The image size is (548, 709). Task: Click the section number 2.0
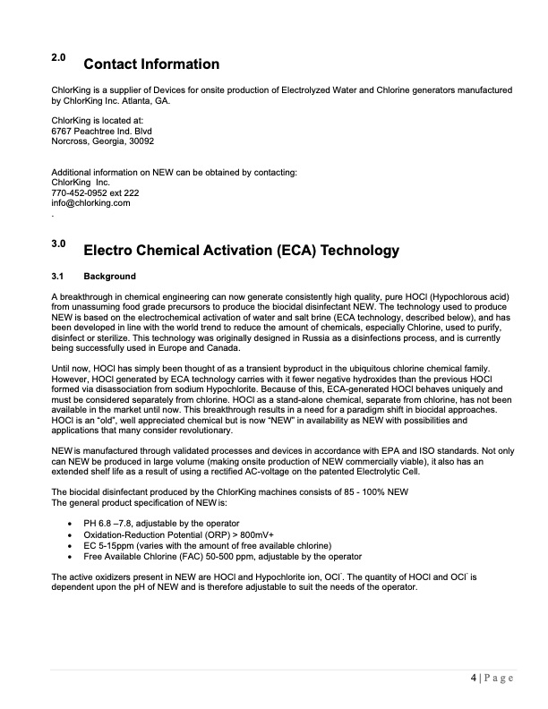(59, 58)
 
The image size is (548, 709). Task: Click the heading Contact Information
(150, 64)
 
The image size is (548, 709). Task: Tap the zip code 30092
(139, 141)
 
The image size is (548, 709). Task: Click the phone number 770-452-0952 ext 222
(95, 192)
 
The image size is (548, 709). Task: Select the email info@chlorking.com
(91, 203)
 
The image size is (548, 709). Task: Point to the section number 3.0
(59, 242)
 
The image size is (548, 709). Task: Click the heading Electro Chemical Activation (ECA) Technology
(240, 249)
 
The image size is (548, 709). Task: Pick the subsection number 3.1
(59, 276)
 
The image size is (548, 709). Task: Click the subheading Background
(109, 276)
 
